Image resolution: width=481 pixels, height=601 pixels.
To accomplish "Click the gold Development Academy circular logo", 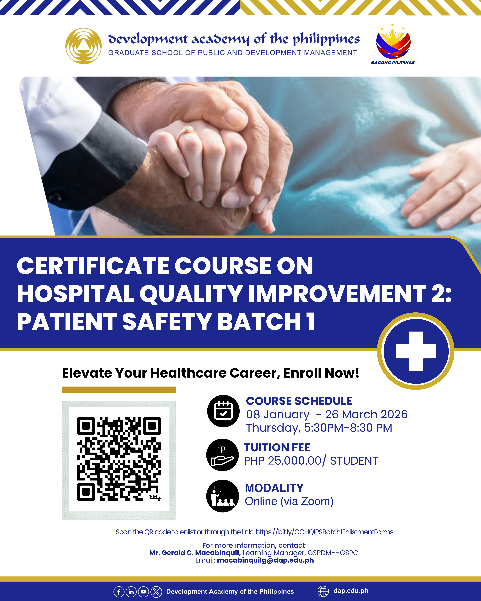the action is (83, 46).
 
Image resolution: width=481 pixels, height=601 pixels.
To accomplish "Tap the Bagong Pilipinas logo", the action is (393, 45).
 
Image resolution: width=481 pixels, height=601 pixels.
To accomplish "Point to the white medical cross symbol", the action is (416, 351).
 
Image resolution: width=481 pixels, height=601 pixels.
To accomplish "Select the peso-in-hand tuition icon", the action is (223, 455).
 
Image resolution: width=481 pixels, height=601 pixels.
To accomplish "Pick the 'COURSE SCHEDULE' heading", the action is (299, 401).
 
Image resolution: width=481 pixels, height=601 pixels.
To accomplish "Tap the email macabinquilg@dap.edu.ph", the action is (266, 560).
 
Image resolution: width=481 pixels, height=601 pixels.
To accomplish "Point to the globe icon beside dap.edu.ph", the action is (323, 591).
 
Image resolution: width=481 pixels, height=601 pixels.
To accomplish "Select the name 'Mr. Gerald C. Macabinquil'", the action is (195, 553).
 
